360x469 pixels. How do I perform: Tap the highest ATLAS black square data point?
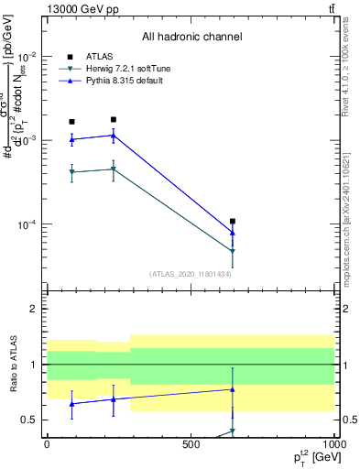click(114, 119)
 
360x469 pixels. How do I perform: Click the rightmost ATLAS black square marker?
click(233, 221)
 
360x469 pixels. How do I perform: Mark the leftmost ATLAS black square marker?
click(72, 121)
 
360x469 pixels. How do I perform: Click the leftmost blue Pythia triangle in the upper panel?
click(72, 139)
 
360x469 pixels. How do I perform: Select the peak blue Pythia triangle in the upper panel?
click(114, 135)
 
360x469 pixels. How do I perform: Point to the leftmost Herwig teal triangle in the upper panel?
click(72, 171)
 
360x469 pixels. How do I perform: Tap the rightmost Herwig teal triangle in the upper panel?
click(233, 251)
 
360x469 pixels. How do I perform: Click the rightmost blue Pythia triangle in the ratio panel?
click(233, 389)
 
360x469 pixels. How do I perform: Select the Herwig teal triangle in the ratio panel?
click(233, 431)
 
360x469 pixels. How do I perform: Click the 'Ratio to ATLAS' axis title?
click(12, 365)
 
